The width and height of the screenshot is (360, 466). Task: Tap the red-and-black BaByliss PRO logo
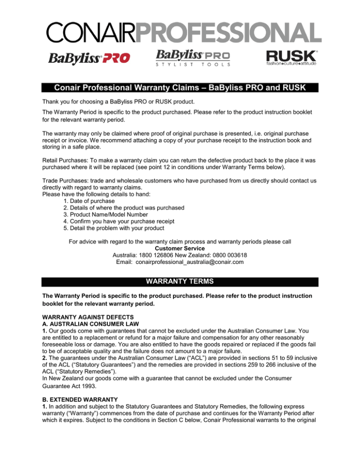coord(89,59)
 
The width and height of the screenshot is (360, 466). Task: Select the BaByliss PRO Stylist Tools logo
coord(193,58)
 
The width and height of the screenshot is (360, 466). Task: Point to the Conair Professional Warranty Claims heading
coord(180,88)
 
